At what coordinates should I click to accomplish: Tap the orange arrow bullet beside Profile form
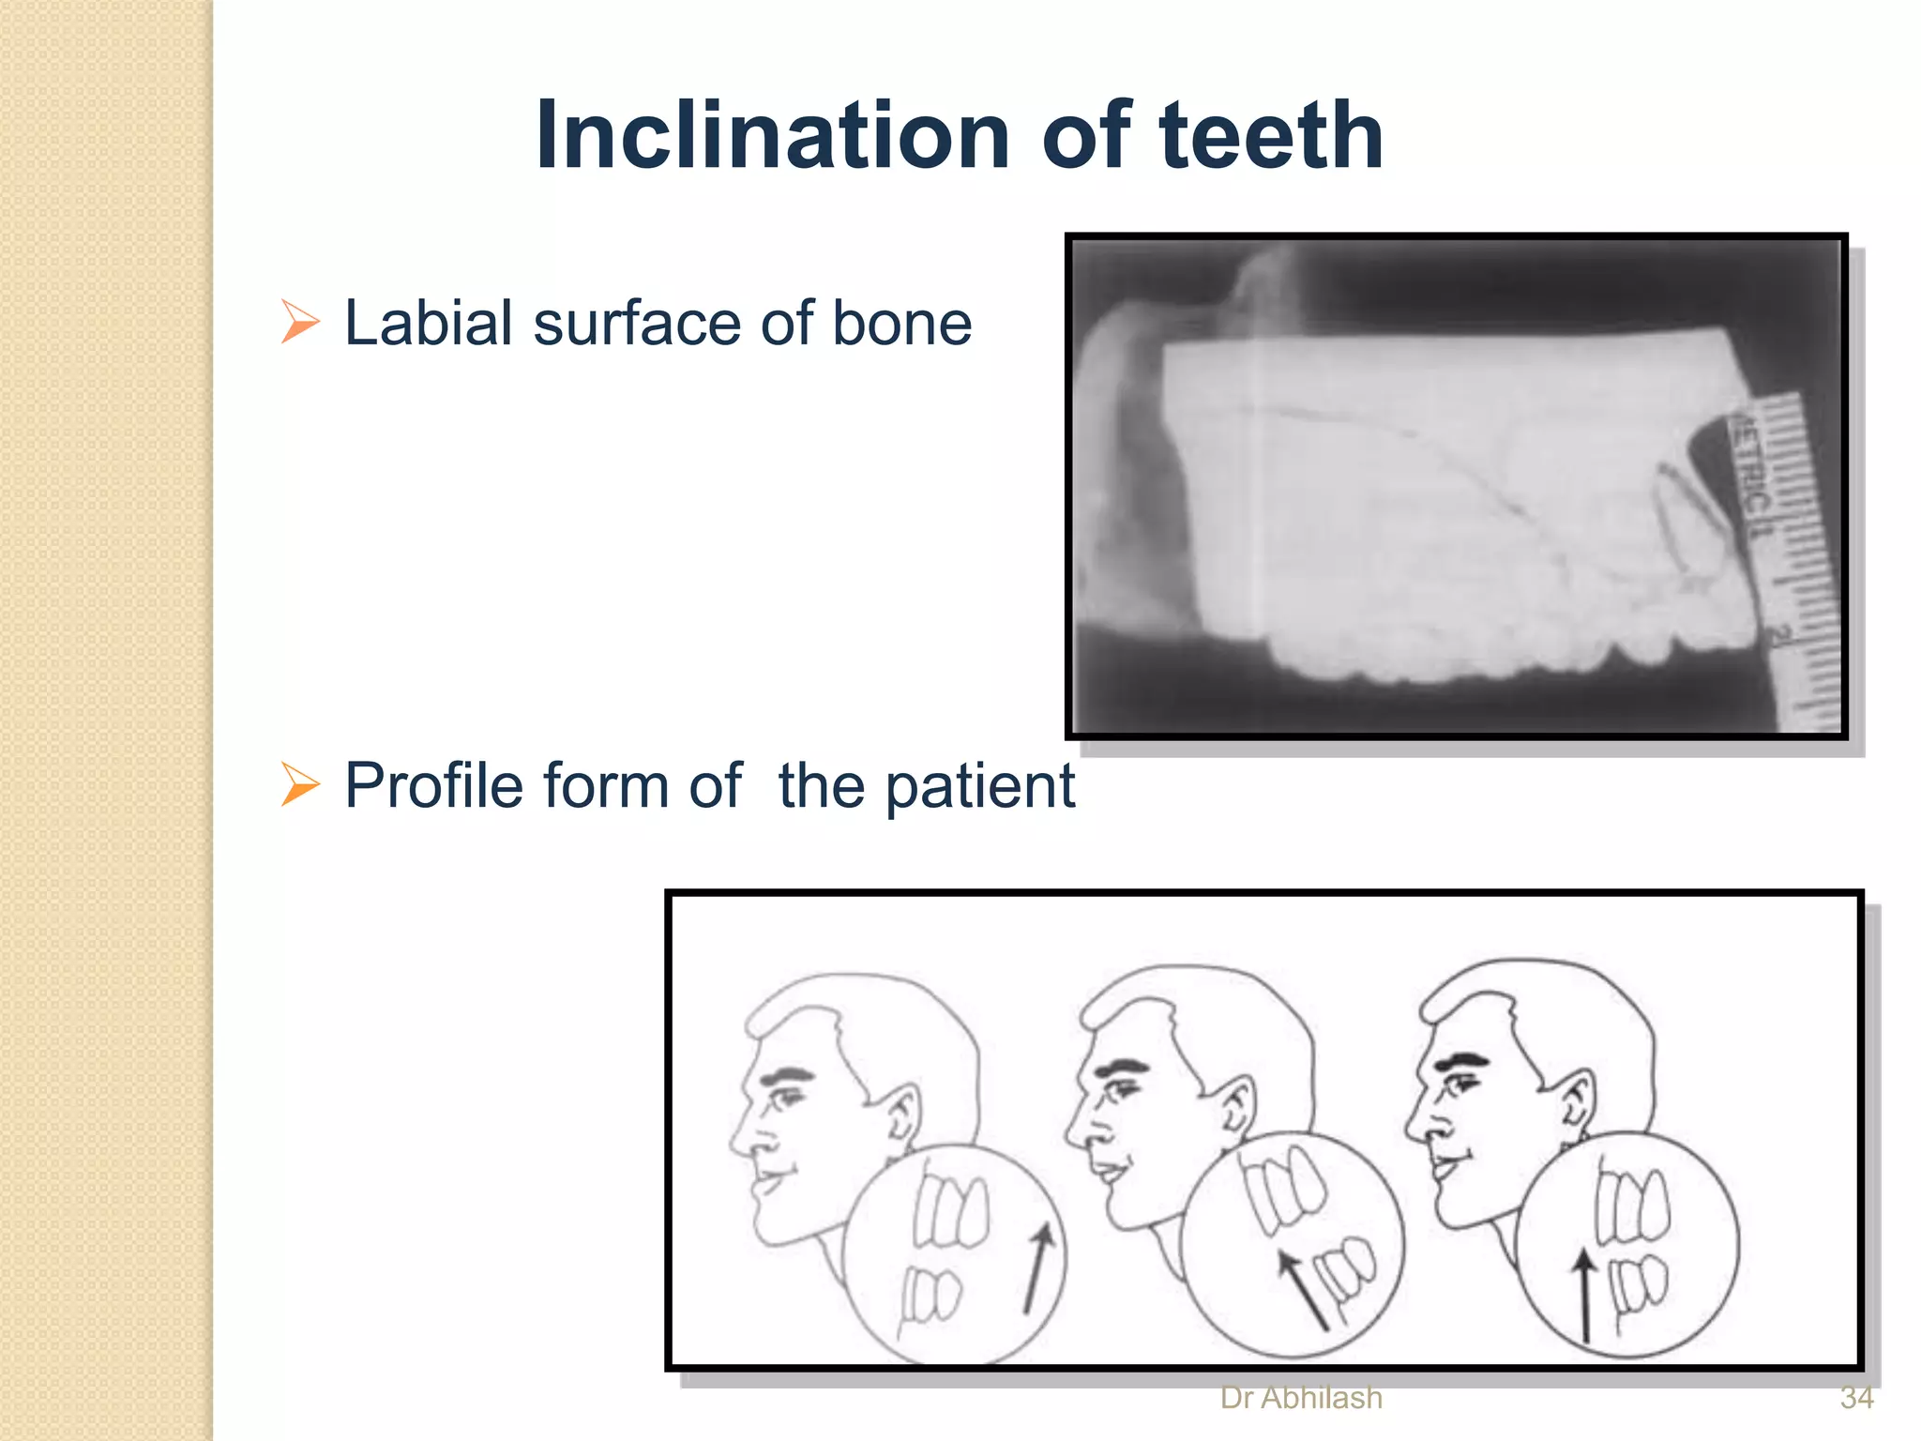pos(300,784)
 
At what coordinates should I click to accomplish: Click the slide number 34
pos(1856,1398)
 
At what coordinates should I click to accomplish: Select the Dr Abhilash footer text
pos(1301,1398)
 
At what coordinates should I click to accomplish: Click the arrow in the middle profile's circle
pos(1304,1291)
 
